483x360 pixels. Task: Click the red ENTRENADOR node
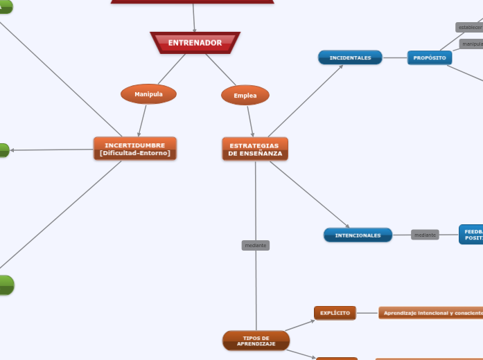coord(195,43)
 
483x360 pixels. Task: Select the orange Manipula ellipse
coord(148,93)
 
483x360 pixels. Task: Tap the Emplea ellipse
coord(245,96)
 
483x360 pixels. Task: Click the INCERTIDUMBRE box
coord(135,149)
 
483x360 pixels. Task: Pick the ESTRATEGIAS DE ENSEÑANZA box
coord(255,149)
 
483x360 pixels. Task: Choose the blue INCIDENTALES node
coord(350,57)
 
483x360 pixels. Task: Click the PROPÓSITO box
coord(430,57)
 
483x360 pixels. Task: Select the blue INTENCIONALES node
coord(358,235)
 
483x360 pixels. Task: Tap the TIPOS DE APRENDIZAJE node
coord(256,341)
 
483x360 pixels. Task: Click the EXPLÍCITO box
coord(335,313)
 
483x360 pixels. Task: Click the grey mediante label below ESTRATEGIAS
coord(256,245)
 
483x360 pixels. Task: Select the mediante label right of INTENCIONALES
coord(425,235)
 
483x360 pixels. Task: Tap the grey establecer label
coord(469,28)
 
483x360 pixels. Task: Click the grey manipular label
coord(471,44)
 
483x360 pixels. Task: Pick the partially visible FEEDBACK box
coord(471,235)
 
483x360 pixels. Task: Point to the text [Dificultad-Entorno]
coord(135,153)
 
